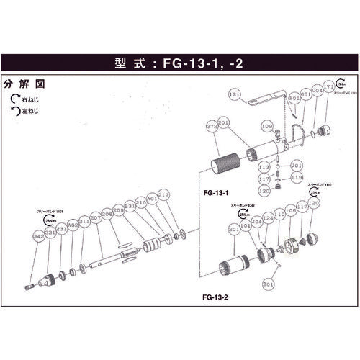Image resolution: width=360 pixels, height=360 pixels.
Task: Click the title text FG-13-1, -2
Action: [180, 62]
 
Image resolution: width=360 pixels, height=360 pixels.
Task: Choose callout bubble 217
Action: [163, 194]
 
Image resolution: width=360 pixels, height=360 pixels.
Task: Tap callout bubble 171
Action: [330, 86]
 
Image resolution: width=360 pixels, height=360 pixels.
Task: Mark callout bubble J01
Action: [297, 165]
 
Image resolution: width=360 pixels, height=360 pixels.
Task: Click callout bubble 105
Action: [291, 210]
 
